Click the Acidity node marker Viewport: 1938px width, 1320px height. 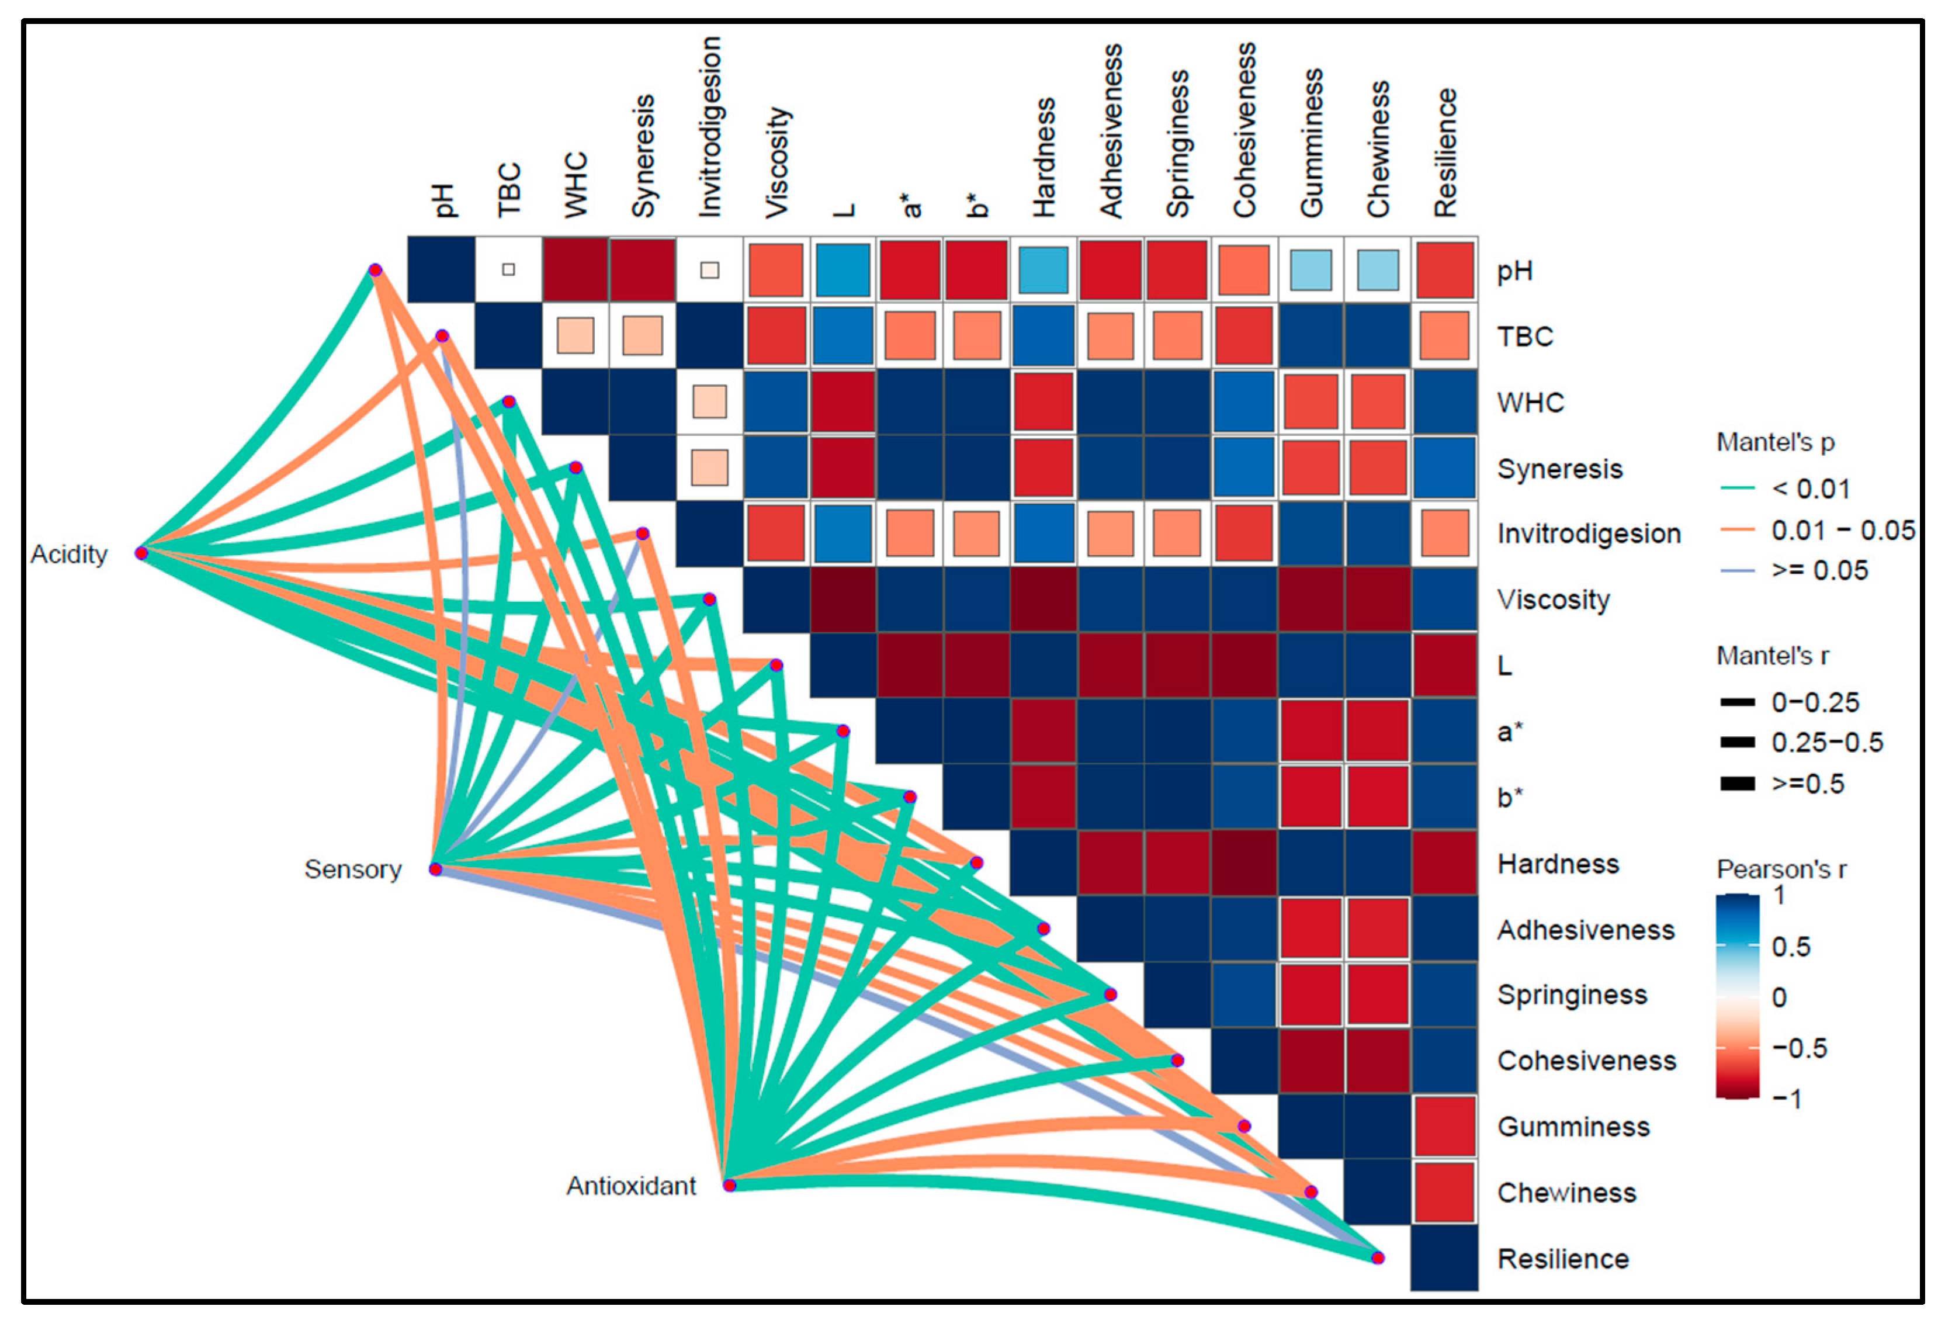coord(142,553)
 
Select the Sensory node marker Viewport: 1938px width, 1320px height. coord(435,869)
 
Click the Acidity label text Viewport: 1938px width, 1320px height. coord(69,554)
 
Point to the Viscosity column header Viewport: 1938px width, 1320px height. coord(776,162)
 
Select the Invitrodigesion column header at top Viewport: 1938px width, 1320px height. coord(710,127)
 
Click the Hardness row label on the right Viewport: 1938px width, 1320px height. coord(1558,863)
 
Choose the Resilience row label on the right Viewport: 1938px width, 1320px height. coord(1563,1258)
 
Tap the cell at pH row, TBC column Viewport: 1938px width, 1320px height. coord(509,269)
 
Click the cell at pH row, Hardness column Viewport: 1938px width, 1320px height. coord(1043,269)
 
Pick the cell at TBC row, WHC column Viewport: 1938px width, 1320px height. coord(575,335)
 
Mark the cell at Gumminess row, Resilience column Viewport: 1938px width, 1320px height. coord(1444,1126)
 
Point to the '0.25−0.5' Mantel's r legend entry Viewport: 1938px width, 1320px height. coord(1826,742)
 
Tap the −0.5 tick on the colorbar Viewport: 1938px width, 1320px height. coord(1799,1047)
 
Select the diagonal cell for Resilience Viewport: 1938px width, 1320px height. coord(1444,1257)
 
